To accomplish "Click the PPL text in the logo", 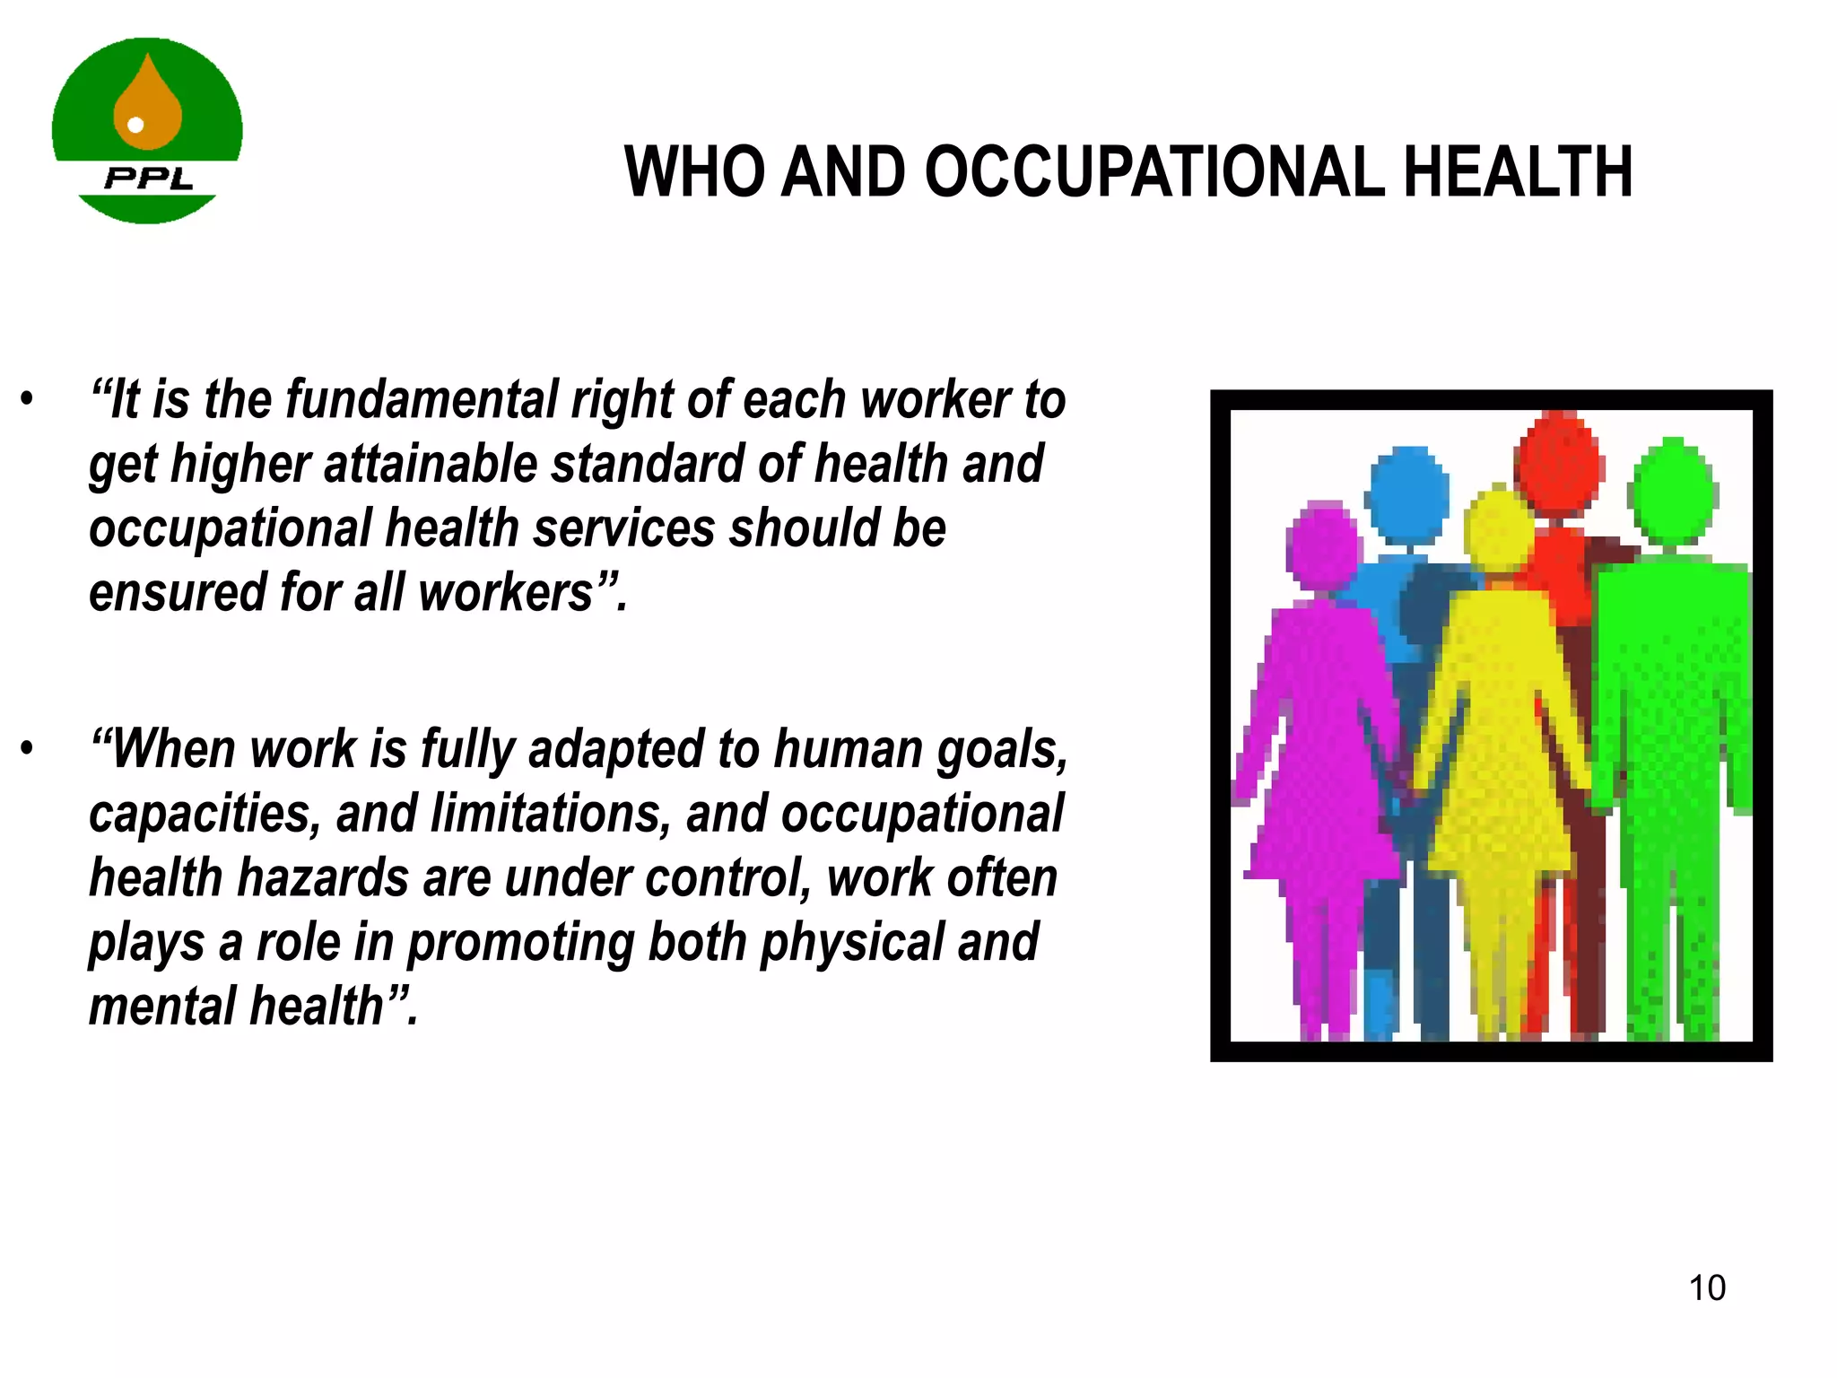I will pos(149,178).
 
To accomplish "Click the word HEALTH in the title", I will pos(1518,172).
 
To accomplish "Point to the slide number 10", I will pos(1707,1288).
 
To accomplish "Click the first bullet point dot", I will pos(28,399).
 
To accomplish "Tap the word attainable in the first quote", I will pos(430,464).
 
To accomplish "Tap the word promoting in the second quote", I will pos(519,943).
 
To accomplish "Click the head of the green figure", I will pos(1672,492).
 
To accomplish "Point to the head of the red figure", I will pos(1559,459).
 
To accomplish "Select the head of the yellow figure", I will pos(1499,531).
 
